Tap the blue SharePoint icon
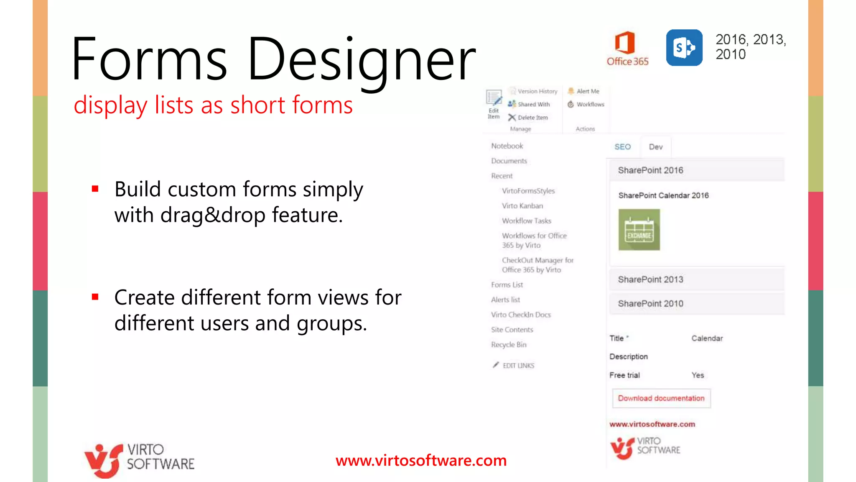[x=684, y=48]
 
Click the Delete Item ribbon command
[x=528, y=118]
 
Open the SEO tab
[x=622, y=147]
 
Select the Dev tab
[x=655, y=147]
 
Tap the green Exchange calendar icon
[x=639, y=230]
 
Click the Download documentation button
[x=661, y=398]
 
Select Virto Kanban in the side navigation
[x=522, y=206]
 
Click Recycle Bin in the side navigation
[x=509, y=345]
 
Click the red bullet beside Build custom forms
[x=95, y=189]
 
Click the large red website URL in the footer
[x=421, y=461]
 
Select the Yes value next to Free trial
[x=698, y=375]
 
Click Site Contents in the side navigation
[x=512, y=330]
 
